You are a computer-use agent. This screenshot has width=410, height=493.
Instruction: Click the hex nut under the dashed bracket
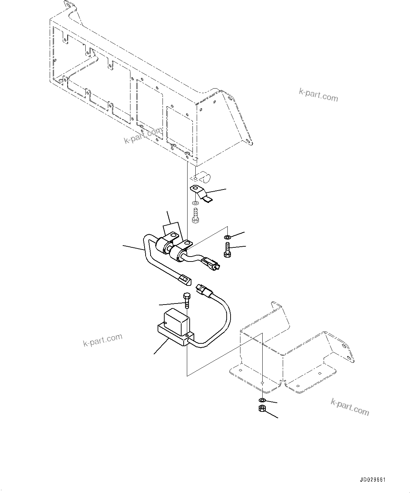pos(262,409)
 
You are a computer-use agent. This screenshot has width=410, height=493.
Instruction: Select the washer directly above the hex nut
pos(262,400)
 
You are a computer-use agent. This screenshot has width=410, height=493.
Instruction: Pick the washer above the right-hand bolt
pos(227,236)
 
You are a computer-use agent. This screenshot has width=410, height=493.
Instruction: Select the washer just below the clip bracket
pos(195,204)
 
